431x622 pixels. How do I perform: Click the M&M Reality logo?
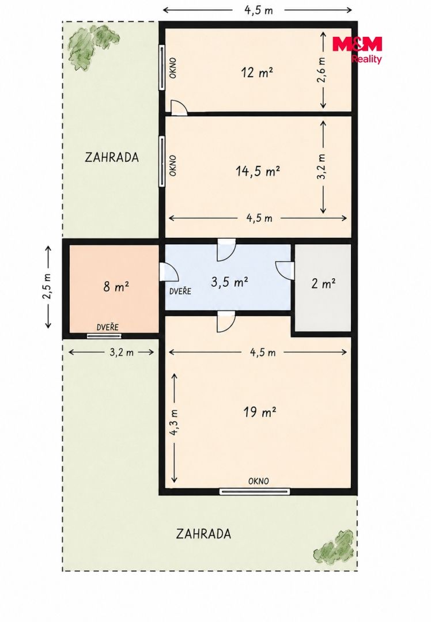tap(357, 50)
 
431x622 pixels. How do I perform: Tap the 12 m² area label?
tap(257, 73)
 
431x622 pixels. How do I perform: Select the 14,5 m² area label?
tap(258, 172)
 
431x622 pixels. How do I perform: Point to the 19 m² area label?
tap(259, 412)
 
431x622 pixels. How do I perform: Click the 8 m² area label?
tap(116, 286)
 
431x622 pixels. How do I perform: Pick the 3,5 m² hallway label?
tap(229, 282)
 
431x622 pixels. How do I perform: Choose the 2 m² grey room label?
tap(323, 283)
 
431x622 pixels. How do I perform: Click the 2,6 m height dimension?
tap(322, 70)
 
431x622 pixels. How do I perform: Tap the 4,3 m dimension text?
tap(174, 423)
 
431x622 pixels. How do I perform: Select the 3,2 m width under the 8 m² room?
tap(122, 352)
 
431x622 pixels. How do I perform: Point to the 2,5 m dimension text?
tap(48, 287)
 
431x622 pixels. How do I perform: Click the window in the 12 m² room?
tap(162, 67)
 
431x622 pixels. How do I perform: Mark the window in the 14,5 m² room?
tap(162, 161)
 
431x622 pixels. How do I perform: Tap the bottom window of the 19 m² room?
tap(255, 492)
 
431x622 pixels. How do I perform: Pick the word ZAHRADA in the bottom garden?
tap(203, 534)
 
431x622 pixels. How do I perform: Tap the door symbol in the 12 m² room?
tap(179, 108)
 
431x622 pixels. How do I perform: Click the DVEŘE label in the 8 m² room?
tap(108, 327)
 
